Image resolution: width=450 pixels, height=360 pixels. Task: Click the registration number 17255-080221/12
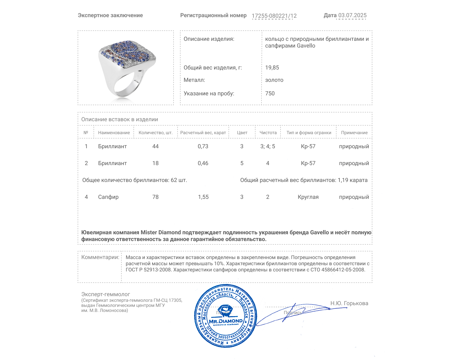(x=274, y=16)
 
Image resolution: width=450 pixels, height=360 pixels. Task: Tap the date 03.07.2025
(x=352, y=15)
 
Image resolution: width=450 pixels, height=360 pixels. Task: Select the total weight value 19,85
(x=272, y=67)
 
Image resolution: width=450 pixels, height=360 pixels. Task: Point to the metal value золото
(x=274, y=80)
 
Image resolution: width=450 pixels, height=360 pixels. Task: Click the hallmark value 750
(x=270, y=93)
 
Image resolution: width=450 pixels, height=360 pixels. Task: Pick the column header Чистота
(x=268, y=133)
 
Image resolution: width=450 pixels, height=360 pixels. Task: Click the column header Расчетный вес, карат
(x=203, y=133)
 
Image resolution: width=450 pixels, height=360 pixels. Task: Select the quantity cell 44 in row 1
(x=155, y=146)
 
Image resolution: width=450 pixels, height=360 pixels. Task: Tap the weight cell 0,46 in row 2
(x=203, y=163)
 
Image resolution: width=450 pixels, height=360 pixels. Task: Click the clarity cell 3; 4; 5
(x=267, y=146)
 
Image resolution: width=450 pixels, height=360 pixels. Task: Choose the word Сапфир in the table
(x=108, y=197)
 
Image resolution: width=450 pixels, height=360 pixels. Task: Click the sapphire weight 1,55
(x=203, y=197)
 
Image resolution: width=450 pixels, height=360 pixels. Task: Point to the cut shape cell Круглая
(x=308, y=197)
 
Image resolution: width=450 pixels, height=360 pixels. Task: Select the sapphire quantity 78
(x=155, y=197)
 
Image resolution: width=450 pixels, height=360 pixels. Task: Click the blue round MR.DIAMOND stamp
(x=226, y=316)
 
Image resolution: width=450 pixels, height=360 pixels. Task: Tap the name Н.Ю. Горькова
(x=349, y=303)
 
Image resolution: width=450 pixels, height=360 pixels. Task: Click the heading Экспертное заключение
(x=110, y=15)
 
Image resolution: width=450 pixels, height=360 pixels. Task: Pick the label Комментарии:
(x=100, y=257)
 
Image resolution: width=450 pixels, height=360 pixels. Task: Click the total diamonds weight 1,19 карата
(x=352, y=180)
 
